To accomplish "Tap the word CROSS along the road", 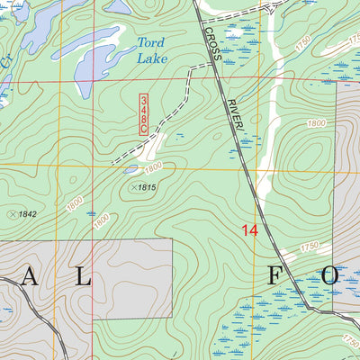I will pyautogui.click(x=211, y=46).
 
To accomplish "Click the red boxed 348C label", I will pyautogui.click(x=143, y=113).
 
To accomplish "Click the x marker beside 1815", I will pyautogui.click(x=134, y=187).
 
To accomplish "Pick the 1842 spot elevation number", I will pyautogui.click(x=29, y=214).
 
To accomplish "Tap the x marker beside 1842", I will pyautogui.click(x=12, y=214).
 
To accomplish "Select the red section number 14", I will pyautogui.click(x=249, y=231).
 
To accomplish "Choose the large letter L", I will pyautogui.click(x=82, y=277).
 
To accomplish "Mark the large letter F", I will pyautogui.click(x=274, y=275).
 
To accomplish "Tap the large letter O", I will pyautogui.click(x=329, y=275).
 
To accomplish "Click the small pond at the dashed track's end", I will pyautogui.click(x=132, y=168).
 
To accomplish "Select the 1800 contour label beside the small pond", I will pyautogui.click(x=153, y=167).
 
